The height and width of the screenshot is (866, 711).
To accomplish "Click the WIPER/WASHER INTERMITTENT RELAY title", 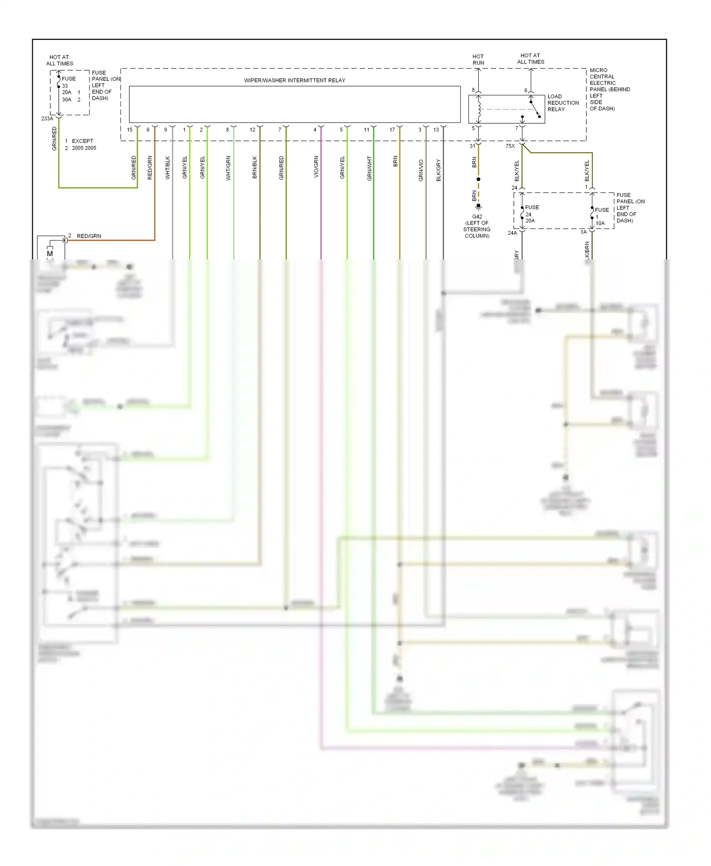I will pos(294,80).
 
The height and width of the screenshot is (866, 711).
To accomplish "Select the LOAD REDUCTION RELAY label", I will pos(563,103).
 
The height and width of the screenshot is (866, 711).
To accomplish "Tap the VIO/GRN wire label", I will pos(316,167).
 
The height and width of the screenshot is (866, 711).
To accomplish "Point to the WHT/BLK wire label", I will pos(167,168).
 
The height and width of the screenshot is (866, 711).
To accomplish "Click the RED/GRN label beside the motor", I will pos(89,236).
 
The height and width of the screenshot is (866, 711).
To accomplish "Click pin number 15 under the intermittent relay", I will pos(130,129).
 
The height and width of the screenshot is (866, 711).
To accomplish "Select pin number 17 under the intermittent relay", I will pos(392,129).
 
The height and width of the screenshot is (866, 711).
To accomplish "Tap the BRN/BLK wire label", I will pos(255,167).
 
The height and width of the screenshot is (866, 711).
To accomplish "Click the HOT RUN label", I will pos(478,59).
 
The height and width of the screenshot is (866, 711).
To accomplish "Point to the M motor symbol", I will pos(50,254).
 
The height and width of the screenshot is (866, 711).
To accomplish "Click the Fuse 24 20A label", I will pos(531,214).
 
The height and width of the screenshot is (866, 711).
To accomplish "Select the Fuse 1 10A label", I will pos(601,216).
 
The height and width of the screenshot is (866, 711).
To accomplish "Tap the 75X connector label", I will pos(510,146).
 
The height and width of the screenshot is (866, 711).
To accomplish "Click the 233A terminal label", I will pos(47,119).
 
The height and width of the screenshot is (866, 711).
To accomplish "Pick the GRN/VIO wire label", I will pos(421,170).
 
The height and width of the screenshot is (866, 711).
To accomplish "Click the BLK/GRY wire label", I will pos(438,170).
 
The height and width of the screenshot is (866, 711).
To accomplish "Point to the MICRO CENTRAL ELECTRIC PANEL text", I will pos(609,89).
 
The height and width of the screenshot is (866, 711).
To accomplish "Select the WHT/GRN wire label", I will pos(228,168).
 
